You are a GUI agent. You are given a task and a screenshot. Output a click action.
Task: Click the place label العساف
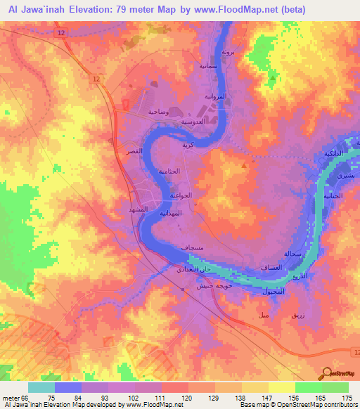[271, 267]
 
